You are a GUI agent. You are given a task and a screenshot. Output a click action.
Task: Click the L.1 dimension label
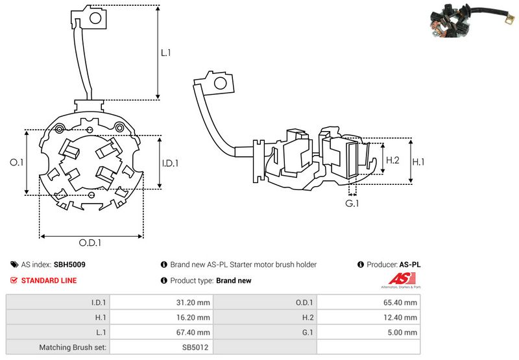[165, 53]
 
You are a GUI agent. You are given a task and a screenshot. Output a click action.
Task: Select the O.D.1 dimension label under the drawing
[91, 243]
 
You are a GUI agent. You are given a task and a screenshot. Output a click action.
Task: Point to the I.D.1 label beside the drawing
[170, 163]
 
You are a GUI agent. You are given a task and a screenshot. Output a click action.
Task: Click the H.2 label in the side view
[392, 160]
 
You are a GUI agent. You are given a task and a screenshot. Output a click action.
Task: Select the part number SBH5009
[69, 265]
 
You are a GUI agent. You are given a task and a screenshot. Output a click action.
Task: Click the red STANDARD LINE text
[49, 280]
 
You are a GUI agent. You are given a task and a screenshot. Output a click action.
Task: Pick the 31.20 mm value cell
[195, 302]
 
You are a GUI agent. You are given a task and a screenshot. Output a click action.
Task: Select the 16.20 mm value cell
[195, 317]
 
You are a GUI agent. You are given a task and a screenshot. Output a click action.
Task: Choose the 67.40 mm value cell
[195, 332]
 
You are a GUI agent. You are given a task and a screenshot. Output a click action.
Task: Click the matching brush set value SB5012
[195, 347]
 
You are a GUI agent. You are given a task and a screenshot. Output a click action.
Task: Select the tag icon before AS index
[14, 265]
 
